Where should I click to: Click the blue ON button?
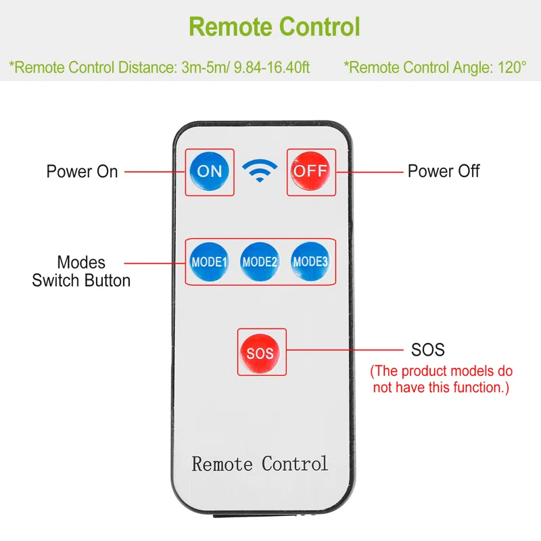[x=210, y=171]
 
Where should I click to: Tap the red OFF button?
[x=310, y=171]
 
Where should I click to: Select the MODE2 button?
[x=260, y=262]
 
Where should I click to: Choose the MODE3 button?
[x=310, y=262]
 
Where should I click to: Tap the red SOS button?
[x=260, y=352]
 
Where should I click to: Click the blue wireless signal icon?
[x=260, y=172]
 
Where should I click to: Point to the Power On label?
[x=82, y=171]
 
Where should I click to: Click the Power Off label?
[x=444, y=171]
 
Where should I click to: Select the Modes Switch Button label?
[x=81, y=271]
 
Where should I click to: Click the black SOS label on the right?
[x=428, y=350]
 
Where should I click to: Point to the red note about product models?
[x=441, y=379]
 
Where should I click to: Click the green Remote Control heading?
[x=275, y=28]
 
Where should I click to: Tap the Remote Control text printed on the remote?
[x=260, y=464]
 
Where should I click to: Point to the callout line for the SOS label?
[x=345, y=350]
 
